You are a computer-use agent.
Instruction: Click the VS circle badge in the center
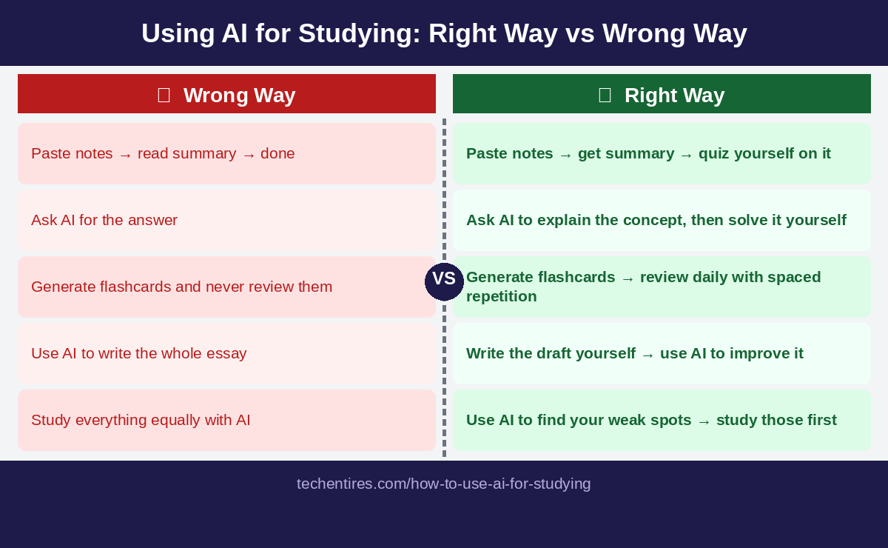tap(444, 281)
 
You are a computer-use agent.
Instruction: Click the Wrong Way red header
tap(226, 94)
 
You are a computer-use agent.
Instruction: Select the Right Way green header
tap(662, 94)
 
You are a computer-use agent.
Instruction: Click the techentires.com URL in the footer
tap(444, 484)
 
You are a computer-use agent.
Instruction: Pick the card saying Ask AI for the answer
tap(226, 220)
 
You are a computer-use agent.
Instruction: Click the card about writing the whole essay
tap(226, 353)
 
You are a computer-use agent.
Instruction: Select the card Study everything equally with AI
tap(226, 420)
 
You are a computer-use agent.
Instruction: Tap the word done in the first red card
tap(277, 153)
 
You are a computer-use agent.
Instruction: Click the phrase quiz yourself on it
tap(764, 153)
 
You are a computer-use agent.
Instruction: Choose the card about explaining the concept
tap(662, 220)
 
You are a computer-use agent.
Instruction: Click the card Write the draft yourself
tap(662, 353)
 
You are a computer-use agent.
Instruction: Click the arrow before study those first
tap(704, 421)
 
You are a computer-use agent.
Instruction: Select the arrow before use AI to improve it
tap(647, 354)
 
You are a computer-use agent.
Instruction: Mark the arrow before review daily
tap(628, 278)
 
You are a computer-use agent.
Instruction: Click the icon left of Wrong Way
tap(164, 95)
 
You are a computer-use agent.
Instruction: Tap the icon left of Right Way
tap(605, 95)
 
